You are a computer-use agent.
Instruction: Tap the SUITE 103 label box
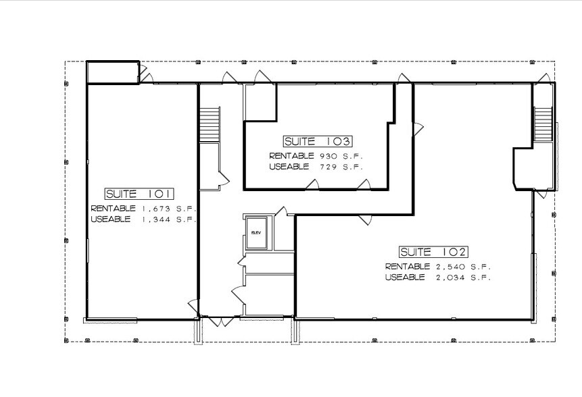317,142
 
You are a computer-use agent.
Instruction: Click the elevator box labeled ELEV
257,232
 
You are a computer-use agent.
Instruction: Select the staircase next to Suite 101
210,124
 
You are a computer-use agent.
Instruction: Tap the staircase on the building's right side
543,124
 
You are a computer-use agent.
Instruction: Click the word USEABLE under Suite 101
111,219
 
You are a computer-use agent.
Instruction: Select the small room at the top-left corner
112,73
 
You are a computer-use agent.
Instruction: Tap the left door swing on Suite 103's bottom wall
312,184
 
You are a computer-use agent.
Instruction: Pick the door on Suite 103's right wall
418,127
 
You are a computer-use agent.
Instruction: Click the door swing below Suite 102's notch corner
365,219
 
